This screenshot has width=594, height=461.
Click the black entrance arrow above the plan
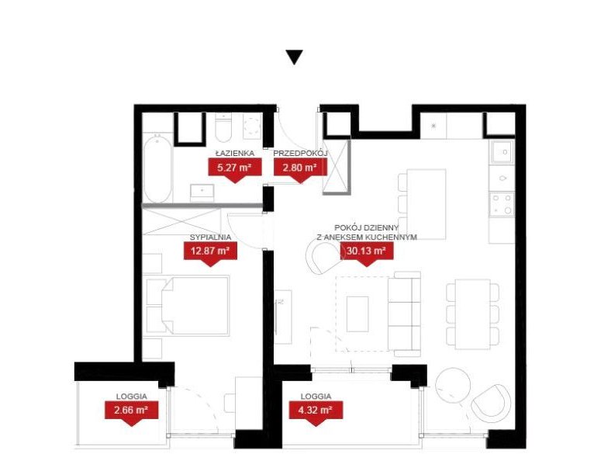coord(294,57)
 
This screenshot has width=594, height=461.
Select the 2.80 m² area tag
coord(299,168)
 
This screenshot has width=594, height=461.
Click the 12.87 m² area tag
coord(209,251)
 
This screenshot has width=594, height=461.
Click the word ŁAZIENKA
coord(232,154)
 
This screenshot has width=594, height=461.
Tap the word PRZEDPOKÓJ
coord(300,154)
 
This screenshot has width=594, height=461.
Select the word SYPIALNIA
coord(209,237)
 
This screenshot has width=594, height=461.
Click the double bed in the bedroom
coord(190,305)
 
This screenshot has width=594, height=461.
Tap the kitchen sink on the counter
coord(502,151)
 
